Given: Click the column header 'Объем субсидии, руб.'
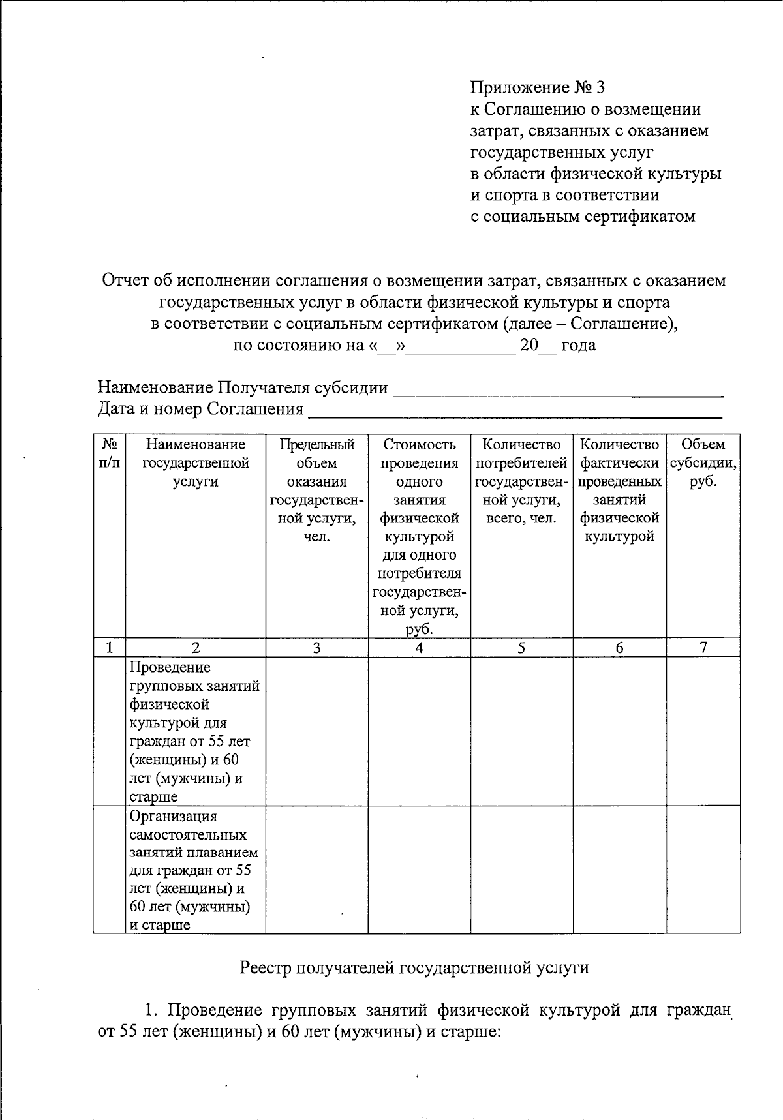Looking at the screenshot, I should click(703, 463).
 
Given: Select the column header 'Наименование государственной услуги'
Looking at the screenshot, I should click(196, 463).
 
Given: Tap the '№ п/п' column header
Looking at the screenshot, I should click(109, 453).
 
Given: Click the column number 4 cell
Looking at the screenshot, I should click(419, 648).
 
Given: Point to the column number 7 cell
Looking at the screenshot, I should click(703, 648).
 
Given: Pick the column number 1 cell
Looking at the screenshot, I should click(109, 648).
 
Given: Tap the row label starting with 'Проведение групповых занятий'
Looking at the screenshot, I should click(194, 731).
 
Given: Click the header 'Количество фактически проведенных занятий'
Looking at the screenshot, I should click(619, 491).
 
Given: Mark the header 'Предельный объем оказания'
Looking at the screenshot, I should click(316, 491).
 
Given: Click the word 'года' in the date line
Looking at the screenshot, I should click(579, 345).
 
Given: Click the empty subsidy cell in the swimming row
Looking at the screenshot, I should click(703, 870).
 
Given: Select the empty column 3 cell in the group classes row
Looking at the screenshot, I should click(316, 731).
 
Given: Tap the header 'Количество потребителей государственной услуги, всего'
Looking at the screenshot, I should click(521, 481).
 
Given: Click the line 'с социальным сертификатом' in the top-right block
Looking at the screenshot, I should click(583, 217).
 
